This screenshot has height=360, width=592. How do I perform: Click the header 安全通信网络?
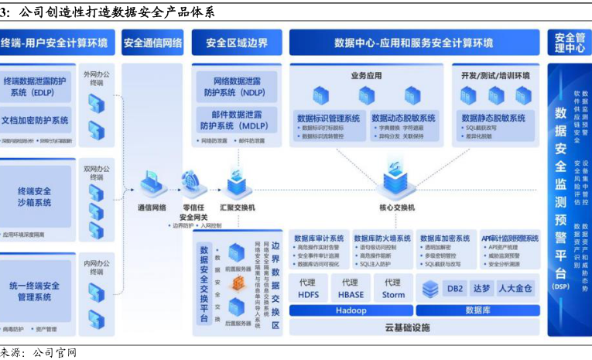pyautogui.click(x=152, y=43)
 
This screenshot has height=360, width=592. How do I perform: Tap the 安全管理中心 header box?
pyautogui.click(x=569, y=43)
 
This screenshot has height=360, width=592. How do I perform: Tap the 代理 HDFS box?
pyautogui.click(x=307, y=288)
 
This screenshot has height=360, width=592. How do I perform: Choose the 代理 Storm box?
pyautogui.click(x=393, y=288)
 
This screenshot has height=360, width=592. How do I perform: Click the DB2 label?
pyautogui.click(x=455, y=289)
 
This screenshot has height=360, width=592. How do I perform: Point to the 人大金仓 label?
pyautogui.click(x=515, y=289)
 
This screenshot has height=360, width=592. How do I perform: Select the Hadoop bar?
pyautogui.click(x=350, y=310)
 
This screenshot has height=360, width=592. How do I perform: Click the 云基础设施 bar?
pyautogui.click(x=406, y=327)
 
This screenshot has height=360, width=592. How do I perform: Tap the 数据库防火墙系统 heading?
pyautogui.click(x=383, y=238)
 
